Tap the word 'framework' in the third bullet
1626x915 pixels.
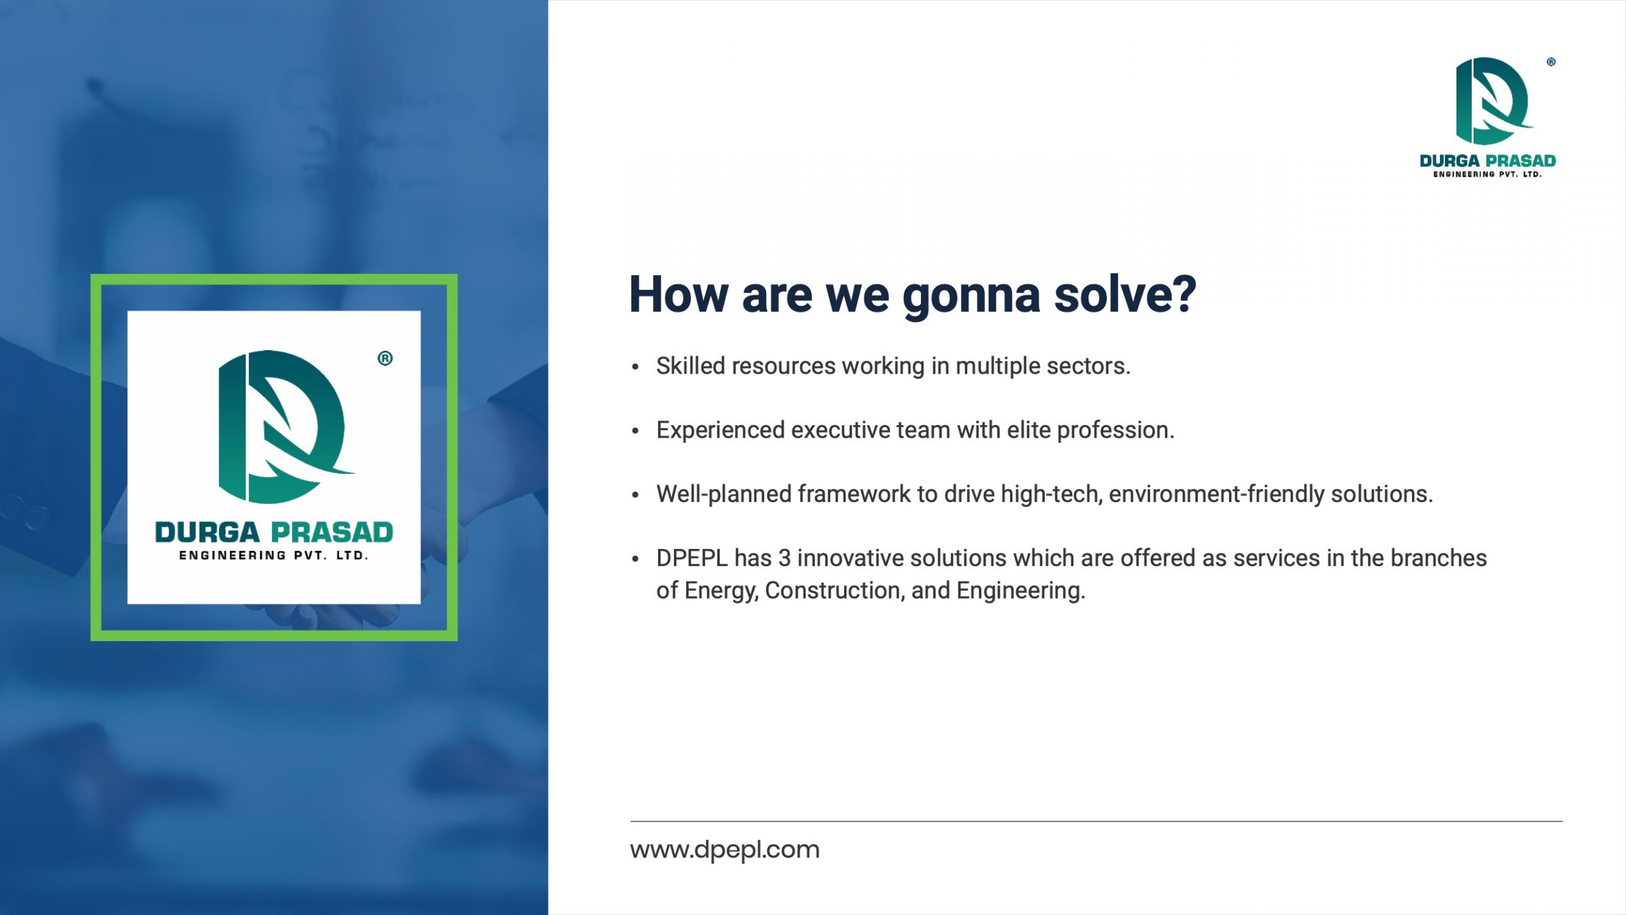[x=854, y=494]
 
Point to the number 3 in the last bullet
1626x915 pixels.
[x=784, y=558]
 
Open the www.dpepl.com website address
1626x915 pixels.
[x=725, y=850]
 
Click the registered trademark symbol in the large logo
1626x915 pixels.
[x=385, y=358]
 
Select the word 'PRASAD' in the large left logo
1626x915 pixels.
[x=332, y=532]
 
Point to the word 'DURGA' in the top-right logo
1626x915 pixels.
[x=1449, y=161]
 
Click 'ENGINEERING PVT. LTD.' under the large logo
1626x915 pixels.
[x=274, y=556]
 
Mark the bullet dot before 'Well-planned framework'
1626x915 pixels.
[x=635, y=495]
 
